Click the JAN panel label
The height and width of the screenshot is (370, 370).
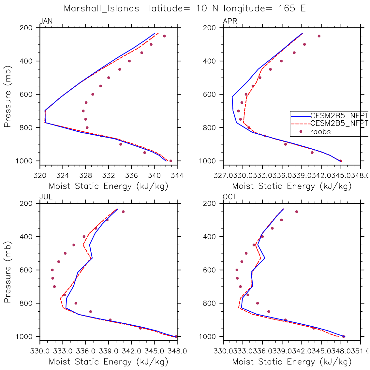[x=46, y=22]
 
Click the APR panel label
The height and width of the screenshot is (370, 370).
[x=230, y=22]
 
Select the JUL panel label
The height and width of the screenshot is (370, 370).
[x=46, y=197]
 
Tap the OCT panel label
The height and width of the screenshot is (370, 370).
[x=230, y=197]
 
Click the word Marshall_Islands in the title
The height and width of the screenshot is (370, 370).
[x=101, y=8]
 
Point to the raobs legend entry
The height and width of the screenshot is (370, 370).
[x=320, y=132]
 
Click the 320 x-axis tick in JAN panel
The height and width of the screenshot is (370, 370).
[x=40, y=176]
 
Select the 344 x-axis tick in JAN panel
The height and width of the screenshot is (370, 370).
[x=177, y=176]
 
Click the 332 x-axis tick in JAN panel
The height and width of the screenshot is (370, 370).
[x=109, y=176]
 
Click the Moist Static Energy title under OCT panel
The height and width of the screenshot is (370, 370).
[x=292, y=362]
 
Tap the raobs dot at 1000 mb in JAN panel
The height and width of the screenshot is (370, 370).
[x=171, y=161]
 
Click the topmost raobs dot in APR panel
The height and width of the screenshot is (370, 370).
[x=319, y=36]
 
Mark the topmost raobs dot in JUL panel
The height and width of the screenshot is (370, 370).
[x=123, y=212]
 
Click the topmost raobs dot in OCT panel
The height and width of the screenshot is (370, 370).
[x=297, y=212]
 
